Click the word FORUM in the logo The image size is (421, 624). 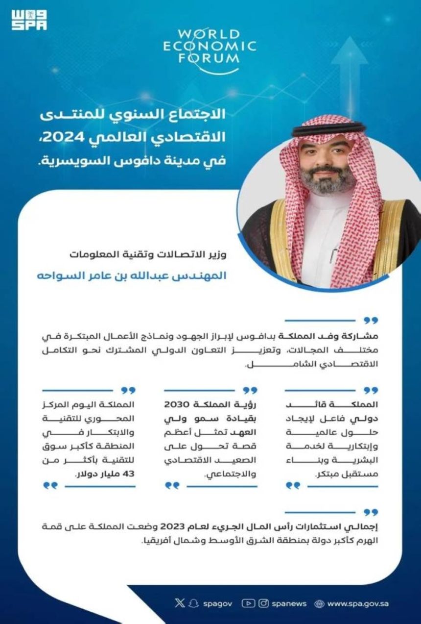point(209,57)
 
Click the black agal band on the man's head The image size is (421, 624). point(329,129)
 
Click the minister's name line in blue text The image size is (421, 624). point(132,275)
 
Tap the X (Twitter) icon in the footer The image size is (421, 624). point(180,603)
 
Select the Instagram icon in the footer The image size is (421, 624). point(263,603)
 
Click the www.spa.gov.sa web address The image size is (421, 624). point(358,604)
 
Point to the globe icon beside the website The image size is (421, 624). point(319,604)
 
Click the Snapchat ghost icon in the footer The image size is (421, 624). point(193,603)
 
